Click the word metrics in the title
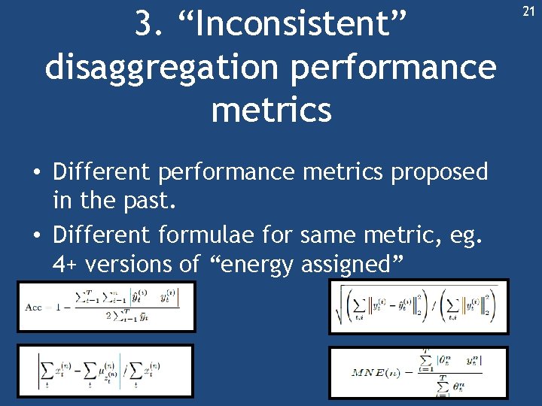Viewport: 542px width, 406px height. pyautogui.click(x=271, y=110)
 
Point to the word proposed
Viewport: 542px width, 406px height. pyautogui.click(x=439, y=172)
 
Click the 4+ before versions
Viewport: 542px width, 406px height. pyautogui.click(x=65, y=264)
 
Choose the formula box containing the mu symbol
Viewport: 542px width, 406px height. pyautogui.click(x=105, y=371)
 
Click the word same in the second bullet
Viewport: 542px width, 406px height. pyautogui.click(x=327, y=236)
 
